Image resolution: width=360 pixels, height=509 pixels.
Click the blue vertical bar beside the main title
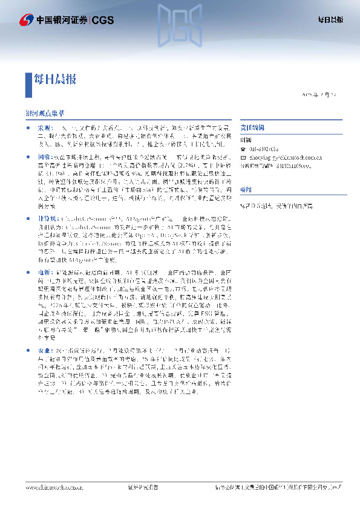[27, 84]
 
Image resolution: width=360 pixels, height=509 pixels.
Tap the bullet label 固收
[45, 157]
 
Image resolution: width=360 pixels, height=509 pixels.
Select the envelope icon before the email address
[242, 156]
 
